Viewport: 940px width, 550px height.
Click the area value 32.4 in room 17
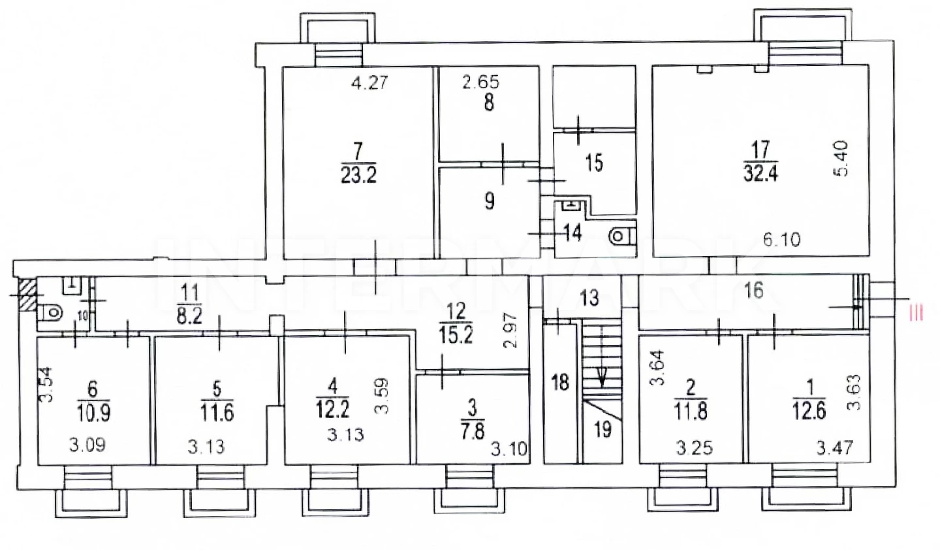pos(761,172)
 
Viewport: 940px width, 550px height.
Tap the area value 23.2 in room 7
pos(358,174)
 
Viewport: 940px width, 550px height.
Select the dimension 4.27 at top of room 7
pos(369,83)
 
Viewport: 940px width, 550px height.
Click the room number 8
pos(489,103)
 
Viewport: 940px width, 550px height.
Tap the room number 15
pos(594,163)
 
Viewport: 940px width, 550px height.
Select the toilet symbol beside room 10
pos(50,312)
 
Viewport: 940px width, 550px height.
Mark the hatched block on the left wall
pos(27,295)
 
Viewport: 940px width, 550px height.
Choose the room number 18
pos(560,383)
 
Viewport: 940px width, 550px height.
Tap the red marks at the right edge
pos(916,313)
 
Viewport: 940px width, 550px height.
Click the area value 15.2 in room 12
pos(456,334)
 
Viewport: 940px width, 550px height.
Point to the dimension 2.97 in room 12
pos(510,330)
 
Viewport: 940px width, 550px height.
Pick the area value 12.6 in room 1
pos(809,411)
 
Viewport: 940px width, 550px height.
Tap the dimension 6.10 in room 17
pos(782,239)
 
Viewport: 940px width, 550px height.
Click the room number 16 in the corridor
pos(753,291)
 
